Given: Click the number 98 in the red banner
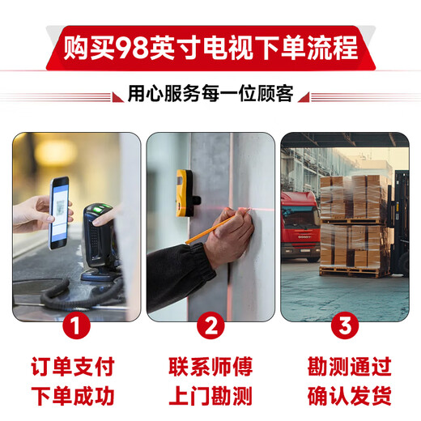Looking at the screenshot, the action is (132, 49).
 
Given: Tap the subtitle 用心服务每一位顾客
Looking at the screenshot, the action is (210, 93).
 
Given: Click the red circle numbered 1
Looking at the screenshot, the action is (76, 325).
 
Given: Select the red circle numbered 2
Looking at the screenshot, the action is (210, 325).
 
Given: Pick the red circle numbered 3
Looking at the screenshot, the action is (345, 325).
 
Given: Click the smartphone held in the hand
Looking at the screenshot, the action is (59, 213).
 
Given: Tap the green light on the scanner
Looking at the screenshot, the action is (100, 209).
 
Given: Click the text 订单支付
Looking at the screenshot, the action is (73, 366).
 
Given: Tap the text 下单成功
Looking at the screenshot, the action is (73, 396).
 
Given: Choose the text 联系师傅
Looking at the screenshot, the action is (210, 366).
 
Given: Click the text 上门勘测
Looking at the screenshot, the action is (210, 396).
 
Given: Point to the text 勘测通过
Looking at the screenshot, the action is (350, 366).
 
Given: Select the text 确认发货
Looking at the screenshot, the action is (350, 396).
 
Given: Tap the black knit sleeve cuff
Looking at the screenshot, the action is (204, 257).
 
